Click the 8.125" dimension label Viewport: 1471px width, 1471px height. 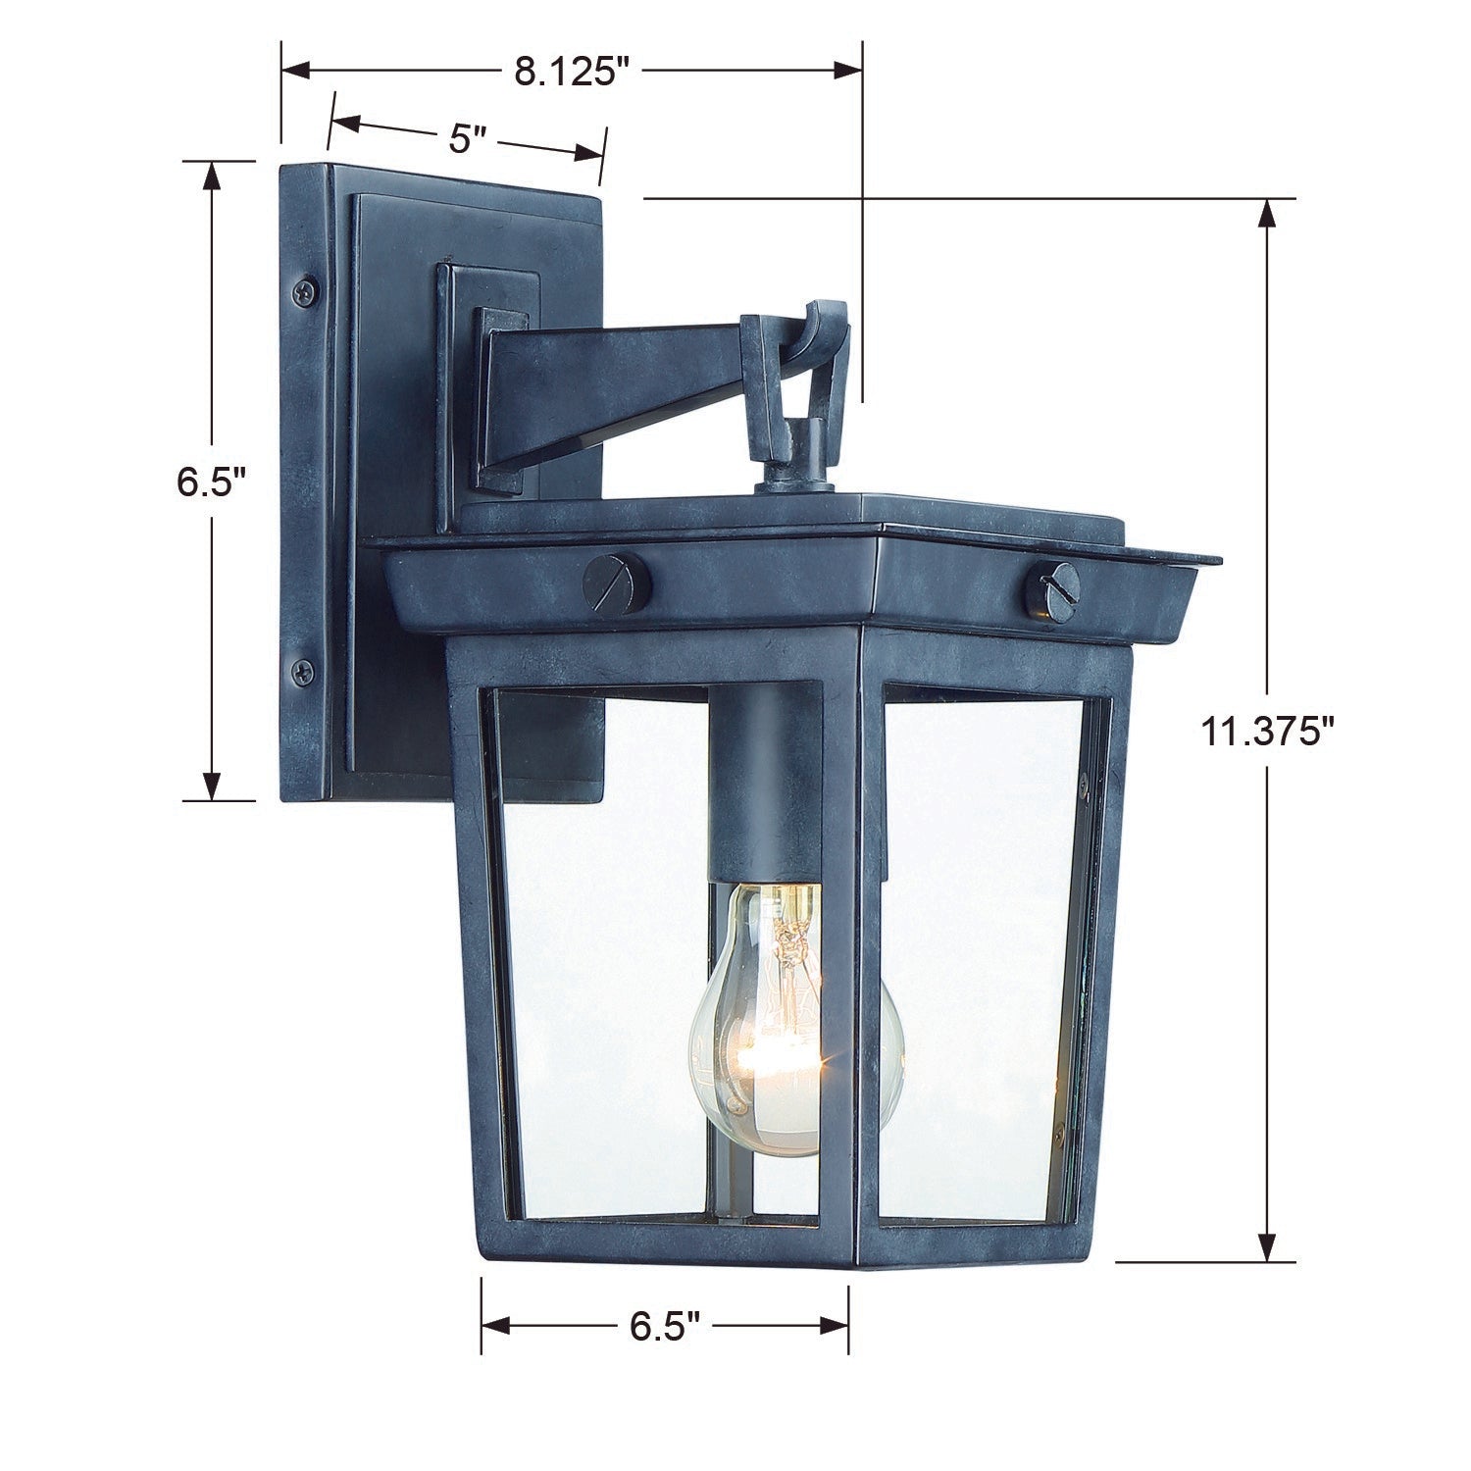[x=571, y=72]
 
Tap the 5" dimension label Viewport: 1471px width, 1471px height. [x=467, y=138]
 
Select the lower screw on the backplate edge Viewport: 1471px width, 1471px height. [x=303, y=672]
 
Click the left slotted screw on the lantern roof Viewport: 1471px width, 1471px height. [x=615, y=583]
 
